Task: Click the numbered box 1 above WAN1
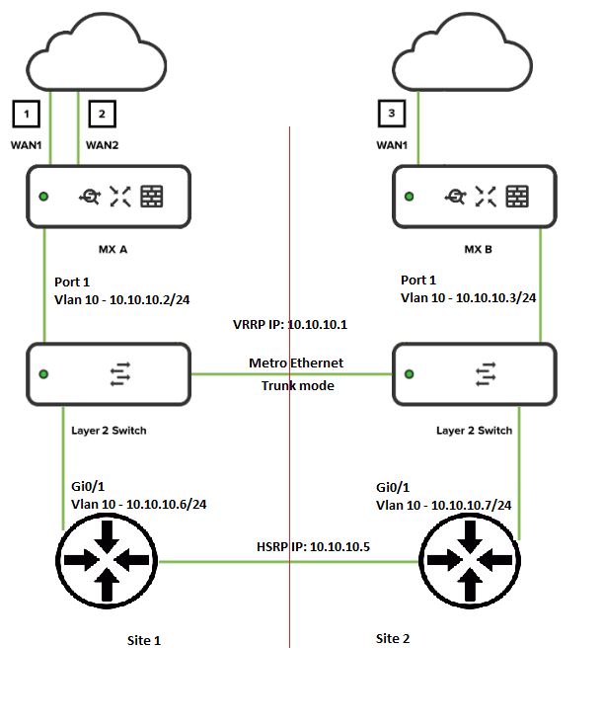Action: pyautogui.click(x=27, y=115)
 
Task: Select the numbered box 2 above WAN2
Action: pyautogui.click(x=102, y=115)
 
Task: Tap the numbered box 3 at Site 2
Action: pyautogui.click(x=393, y=115)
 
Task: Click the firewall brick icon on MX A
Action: pyautogui.click(x=152, y=196)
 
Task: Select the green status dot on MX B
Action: pyautogui.click(x=410, y=197)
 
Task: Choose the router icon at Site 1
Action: pyautogui.click(x=107, y=560)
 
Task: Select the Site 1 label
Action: pyautogui.click(x=144, y=640)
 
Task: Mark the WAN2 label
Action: pyautogui.click(x=103, y=144)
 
